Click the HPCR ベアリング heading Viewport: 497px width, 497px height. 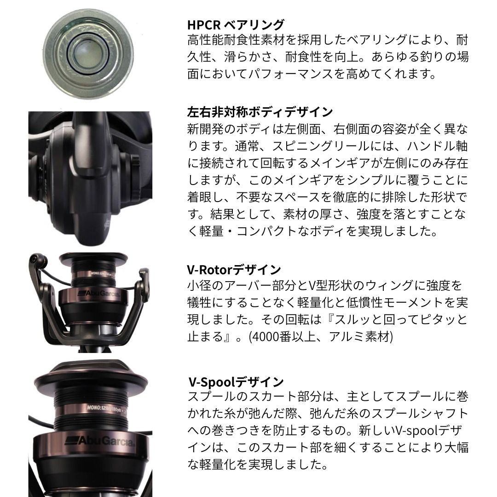click(236, 24)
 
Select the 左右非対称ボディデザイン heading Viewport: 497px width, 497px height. click(260, 112)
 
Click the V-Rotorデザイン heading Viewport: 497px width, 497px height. click(234, 269)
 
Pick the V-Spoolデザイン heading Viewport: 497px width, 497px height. click(236, 381)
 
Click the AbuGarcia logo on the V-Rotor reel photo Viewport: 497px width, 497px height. click(99, 294)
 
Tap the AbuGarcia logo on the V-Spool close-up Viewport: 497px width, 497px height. click(99, 440)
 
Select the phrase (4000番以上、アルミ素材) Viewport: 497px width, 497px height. click(320, 336)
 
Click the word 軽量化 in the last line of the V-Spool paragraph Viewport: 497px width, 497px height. click(212, 464)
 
